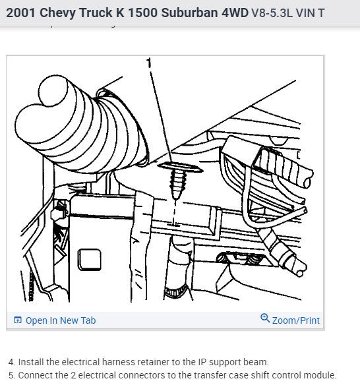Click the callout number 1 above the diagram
pos(149,64)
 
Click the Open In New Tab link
pos(60,320)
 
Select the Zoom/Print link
pos(295,320)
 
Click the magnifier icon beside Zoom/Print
pos(265,319)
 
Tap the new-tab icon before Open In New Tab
pos(18,320)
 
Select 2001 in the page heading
pos(22,13)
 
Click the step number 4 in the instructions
pos(11,362)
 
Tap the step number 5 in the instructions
pos(11,375)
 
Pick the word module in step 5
pos(320,375)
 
